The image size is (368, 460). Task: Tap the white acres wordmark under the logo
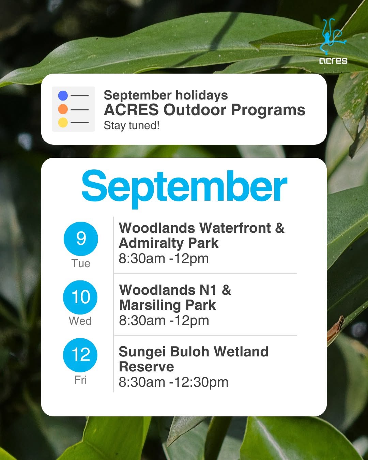click(x=333, y=61)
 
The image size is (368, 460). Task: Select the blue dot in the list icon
click(x=63, y=95)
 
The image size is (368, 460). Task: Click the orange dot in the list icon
click(x=63, y=109)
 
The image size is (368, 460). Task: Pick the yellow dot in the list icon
click(x=63, y=122)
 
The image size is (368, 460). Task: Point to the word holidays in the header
click(x=202, y=95)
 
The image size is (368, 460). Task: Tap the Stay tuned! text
click(x=132, y=125)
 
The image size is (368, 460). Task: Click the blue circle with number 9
click(x=81, y=239)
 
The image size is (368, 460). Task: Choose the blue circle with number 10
click(x=80, y=297)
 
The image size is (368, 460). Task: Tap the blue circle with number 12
click(x=80, y=355)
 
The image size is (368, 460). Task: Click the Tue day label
click(x=81, y=263)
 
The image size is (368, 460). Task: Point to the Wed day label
click(x=80, y=321)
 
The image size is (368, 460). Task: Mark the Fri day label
click(x=80, y=380)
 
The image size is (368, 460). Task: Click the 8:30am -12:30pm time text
click(x=173, y=382)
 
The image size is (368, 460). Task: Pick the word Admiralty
click(x=151, y=244)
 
